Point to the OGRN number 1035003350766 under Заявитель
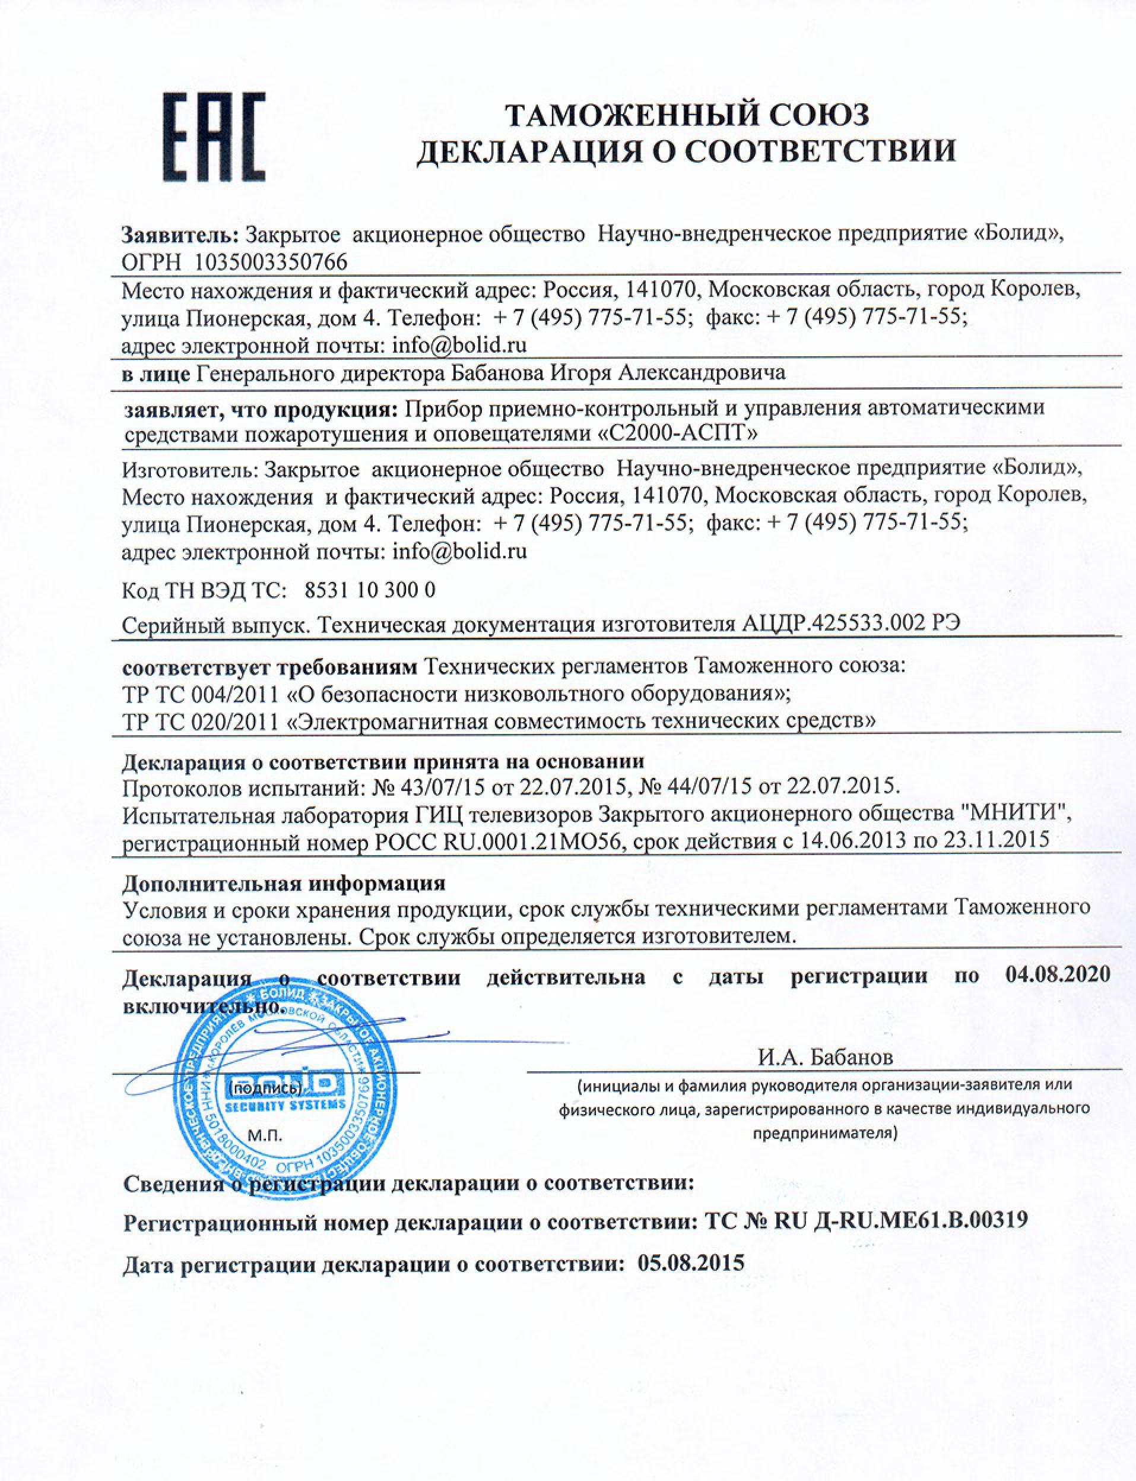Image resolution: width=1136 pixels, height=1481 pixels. [x=271, y=262]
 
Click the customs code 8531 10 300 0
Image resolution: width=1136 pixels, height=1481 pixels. [x=370, y=591]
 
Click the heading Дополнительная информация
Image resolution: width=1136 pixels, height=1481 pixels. [x=284, y=884]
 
